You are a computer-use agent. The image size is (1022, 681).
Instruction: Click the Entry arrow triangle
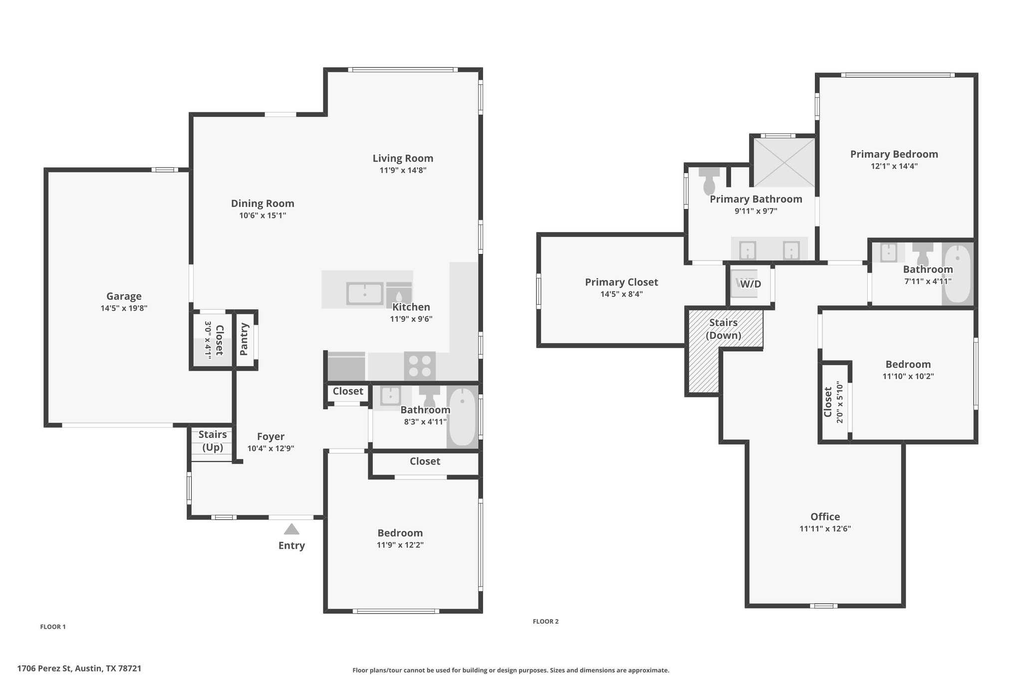[x=291, y=529]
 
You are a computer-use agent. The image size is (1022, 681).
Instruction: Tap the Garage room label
[x=124, y=296]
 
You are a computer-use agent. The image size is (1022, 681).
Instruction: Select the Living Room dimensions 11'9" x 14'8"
[x=403, y=170]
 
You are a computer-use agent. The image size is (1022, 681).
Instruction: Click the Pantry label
[x=244, y=339]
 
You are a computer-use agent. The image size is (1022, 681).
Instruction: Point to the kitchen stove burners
[x=420, y=366]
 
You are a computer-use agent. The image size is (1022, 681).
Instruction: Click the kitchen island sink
[x=365, y=293]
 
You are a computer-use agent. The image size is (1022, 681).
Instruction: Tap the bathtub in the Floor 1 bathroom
[x=463, y=417]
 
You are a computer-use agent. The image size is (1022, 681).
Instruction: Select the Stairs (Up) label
[x=213, y=441]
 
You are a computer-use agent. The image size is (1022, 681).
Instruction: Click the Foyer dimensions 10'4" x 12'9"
[x=270, y=449]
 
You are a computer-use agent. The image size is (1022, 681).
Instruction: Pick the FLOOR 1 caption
[x=53, y=627]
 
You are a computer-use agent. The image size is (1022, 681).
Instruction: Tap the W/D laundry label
[x=751, y=284]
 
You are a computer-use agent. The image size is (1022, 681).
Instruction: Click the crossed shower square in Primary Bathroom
[x=784, y=162]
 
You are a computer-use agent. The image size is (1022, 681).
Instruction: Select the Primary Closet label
[x=621, y=282]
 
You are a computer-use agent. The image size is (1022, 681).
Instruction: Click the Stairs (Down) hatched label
[x=723, y=329]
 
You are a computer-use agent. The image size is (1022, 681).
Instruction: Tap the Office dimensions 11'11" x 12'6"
[x=825, y=529]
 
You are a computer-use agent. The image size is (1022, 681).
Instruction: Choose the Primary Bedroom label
[x=894, y=154]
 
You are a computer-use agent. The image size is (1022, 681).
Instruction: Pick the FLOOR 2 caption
[x=545, y=621]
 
